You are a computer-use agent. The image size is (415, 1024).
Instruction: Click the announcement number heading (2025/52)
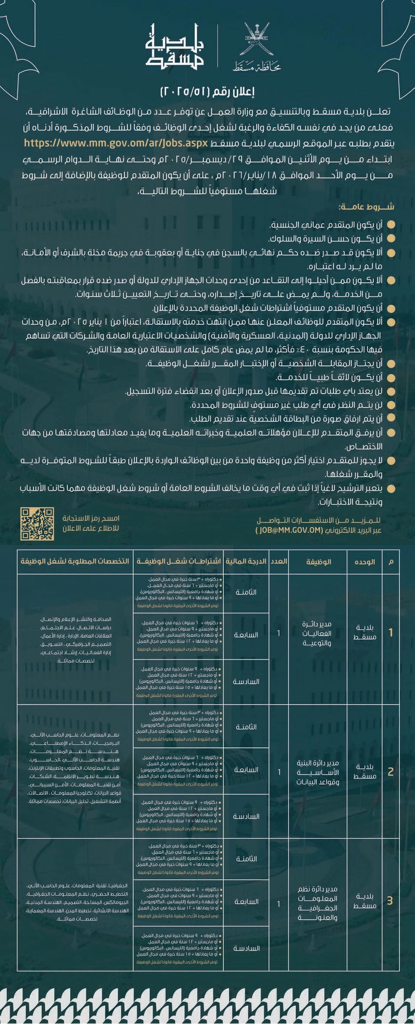tap(207, 91)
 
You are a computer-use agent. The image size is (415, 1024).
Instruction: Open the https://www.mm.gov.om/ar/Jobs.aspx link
tap(116, 142)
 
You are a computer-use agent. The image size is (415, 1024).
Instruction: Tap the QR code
tap(37, 524)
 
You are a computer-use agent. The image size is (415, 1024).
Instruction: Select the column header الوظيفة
tap(318, 561)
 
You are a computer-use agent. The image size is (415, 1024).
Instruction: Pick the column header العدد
tap(279, 561)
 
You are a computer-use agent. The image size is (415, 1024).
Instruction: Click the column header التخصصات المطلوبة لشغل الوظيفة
tap(75, 561)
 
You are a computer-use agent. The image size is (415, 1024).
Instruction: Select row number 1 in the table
tap(391, 633)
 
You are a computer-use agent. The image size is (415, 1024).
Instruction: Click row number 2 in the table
tap(391, 772)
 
